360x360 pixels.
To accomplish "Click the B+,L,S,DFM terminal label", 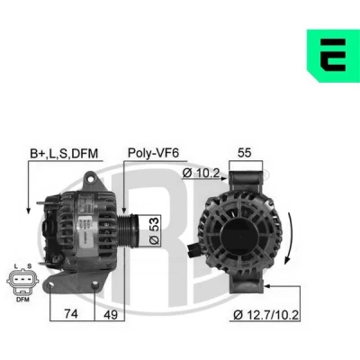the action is click(x=64, y=154).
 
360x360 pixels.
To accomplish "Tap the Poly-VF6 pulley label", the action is click(x=153, y=153).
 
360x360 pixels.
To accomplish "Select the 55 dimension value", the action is click(x=244, y=153).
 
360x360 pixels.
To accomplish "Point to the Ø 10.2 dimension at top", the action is click(x=201, y=173).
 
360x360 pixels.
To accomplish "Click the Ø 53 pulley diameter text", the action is click(x=155, y=230).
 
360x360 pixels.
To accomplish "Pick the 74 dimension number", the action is click(x=71, y=314).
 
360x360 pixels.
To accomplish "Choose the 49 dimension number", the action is click(x=111, y=315).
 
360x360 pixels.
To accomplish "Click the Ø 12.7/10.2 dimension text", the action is click(x=265, y=315).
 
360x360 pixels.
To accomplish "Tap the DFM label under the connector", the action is click(x=22, y=300).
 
